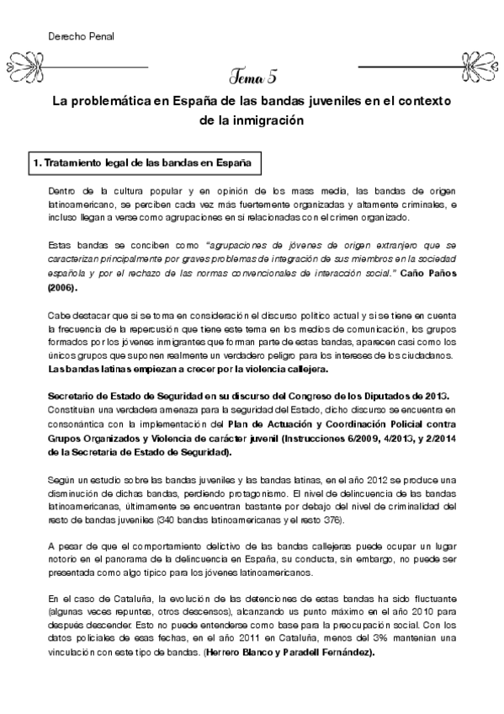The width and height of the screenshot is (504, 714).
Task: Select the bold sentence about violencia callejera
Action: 194,370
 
